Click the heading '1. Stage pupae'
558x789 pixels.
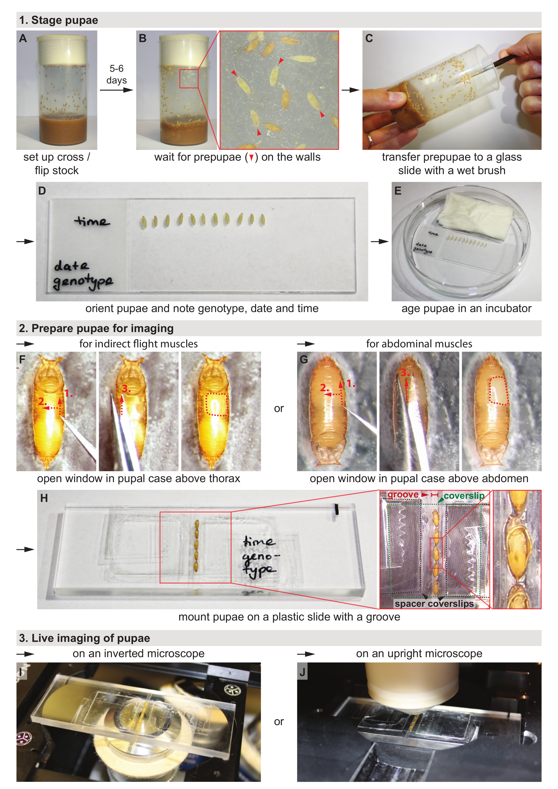click(58, 20)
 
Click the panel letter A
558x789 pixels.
click(23, 38)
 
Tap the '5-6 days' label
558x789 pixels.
click(117, 74)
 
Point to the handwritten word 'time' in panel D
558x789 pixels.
click(92, 221)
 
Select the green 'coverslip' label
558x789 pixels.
click(464, 496)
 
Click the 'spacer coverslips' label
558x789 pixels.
click(434, 603)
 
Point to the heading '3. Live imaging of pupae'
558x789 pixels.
click(85, 638)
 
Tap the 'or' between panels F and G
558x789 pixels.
click(279, 409)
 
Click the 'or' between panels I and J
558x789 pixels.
click(279, 722)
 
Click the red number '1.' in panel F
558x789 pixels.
click(68, 393)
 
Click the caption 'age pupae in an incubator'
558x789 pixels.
click(466, 308)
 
